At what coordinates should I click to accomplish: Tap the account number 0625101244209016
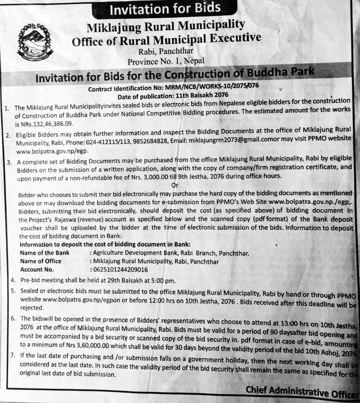[x=120, y=269]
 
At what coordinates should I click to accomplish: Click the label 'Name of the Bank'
[x=44, y=253]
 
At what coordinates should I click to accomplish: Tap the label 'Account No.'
[x=37, y=269]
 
